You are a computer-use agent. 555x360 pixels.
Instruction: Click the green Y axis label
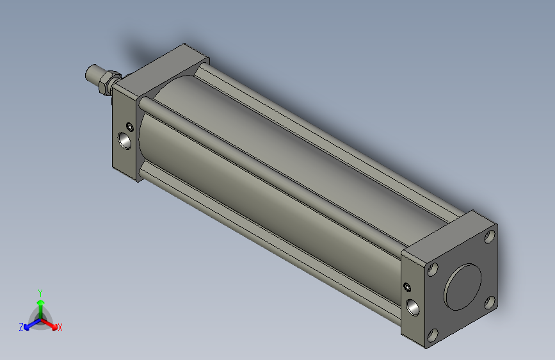[40, 291]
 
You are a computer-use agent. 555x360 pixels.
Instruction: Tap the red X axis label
[60, 327]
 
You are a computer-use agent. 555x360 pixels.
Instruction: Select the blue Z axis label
[21, 327]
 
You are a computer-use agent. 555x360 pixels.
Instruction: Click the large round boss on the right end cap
[463, 286]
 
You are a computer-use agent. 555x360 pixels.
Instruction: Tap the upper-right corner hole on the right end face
[490, 238]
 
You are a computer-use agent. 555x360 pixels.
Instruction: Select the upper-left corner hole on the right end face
[433, 270]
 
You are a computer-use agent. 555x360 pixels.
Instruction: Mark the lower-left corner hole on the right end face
[433, 334]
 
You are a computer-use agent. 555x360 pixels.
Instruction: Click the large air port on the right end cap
[414, 307]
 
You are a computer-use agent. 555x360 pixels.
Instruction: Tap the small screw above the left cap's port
[130, 125]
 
